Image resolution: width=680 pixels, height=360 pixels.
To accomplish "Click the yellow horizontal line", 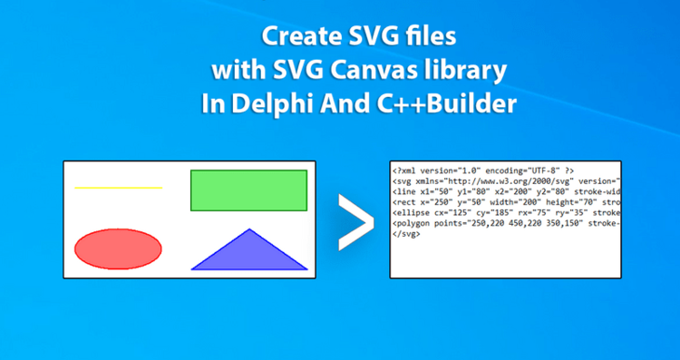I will (118, 188).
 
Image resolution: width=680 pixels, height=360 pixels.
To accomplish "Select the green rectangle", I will (248, 190).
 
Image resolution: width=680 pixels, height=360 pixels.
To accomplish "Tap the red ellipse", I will (118, 248).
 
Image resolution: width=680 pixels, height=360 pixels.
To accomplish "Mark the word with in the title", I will (233, 71).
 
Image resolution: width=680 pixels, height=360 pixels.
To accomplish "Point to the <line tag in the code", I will (405, 191).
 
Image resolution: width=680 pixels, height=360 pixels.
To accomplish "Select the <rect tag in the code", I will (405, 202).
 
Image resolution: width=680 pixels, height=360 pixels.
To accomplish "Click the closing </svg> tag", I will (406, 234).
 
